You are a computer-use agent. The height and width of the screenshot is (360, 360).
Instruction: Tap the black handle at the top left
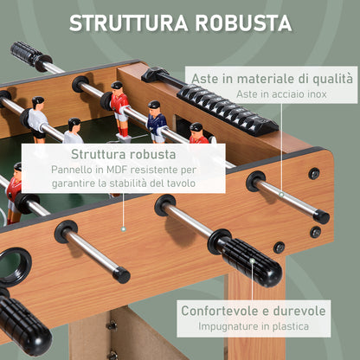tap(31, 55)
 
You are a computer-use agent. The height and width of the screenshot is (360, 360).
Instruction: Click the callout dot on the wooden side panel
tap(122, 228)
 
